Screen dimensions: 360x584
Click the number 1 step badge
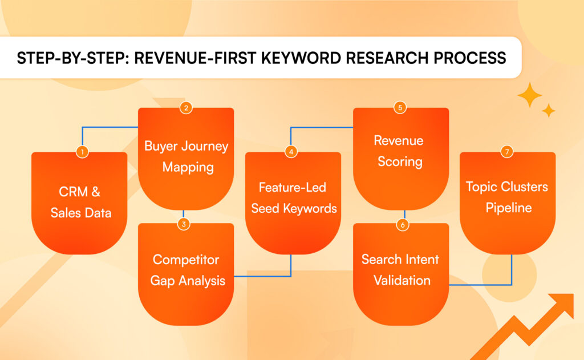tap(83, 152)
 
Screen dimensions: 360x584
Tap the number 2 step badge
tap(185, 107)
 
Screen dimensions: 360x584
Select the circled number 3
tap(184, 224)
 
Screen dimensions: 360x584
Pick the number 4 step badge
tap(292, 152)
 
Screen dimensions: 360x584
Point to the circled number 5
tap(400, 107)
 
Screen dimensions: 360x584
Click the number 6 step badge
tap(403, 224)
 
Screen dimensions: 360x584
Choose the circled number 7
tap(507, 152)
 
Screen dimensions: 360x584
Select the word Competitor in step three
tap(186, 260)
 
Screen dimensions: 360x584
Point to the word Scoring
tap(400, 161)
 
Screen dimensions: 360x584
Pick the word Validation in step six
tap(402, 280)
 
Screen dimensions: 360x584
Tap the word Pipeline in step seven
tap(509, 208)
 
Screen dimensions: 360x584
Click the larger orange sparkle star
tap(530, 95)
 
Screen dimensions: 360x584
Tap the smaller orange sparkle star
tap(549, 110)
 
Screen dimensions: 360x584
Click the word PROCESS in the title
tap(465, 58)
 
